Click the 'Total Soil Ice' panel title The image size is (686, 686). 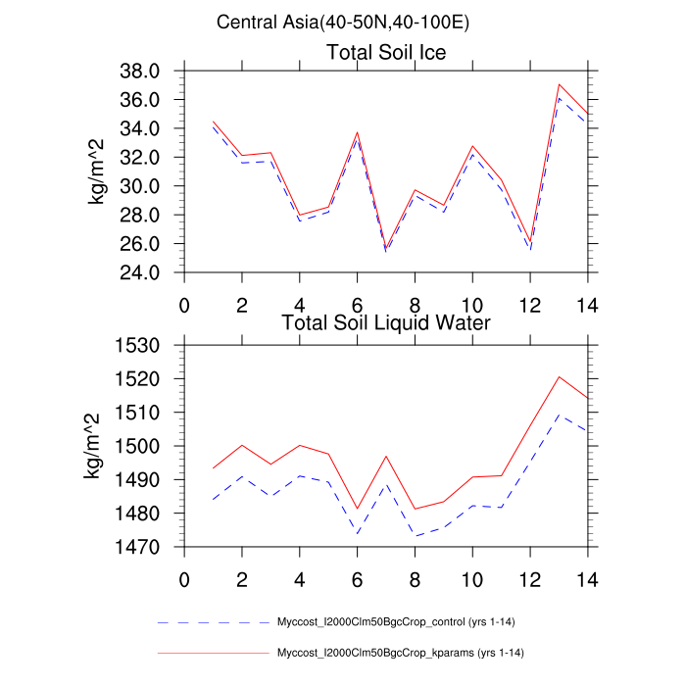point(385,53)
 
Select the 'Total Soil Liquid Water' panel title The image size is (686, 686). point(385,321)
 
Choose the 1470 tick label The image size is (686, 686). point(140,547)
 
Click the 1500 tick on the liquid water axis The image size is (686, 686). point(140,446)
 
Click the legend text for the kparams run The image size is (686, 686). point(406,652)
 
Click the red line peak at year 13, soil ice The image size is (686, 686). point(559,84)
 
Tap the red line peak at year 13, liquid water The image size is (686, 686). point(559,376)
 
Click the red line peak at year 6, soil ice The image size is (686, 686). point(357,132)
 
